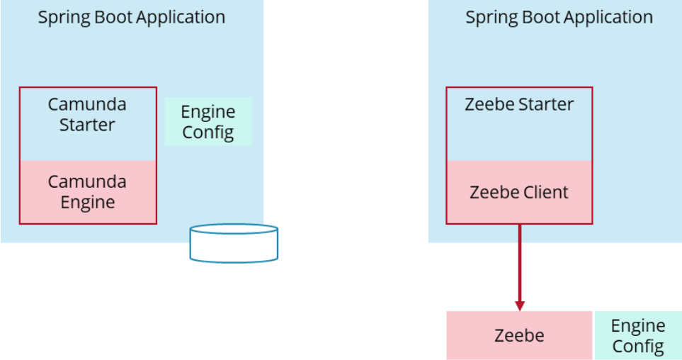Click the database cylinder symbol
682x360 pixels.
pyautogui.click(x=234, y=244)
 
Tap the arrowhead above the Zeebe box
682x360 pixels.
pyautogui.click(x=519, y=305)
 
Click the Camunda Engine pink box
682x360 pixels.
pyautogui.click(x=88, y=192)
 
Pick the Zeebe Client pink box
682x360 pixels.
pyautogui.click(x=519, y=192)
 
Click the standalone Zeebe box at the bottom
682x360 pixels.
pyautogui.click(x=519, y=335)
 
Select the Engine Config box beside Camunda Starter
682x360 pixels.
pyautogui.click(x=208, y=122)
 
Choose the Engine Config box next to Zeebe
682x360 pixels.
pyautogui.click(x=637, y=335)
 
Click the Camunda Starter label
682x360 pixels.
pyautogui.click(x=87, y=115)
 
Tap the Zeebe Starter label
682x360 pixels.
pyautogui.click(x=519, y=105)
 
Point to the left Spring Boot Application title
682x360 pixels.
pyautogui.click(x=132, y=18)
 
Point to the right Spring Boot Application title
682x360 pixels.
pyautogui.click(x=559, y=18)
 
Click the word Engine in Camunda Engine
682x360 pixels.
pyautogui.click(x=88, y=203)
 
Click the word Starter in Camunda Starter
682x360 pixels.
pyautogui.click(x=87, y=125)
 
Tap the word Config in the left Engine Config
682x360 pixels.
pyautogui.click(x=208, y=133)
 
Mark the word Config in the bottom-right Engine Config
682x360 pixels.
pyautogui.click(x=637, y=346)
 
